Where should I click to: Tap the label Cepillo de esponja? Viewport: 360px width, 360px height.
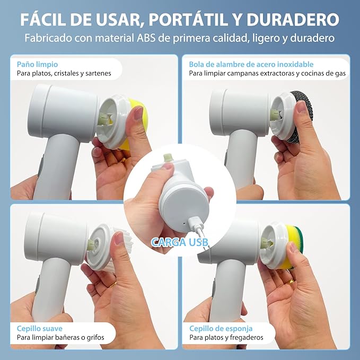point(217,328)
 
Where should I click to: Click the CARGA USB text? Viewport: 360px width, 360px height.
point(180,242)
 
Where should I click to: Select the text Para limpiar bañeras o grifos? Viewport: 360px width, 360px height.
point(60,337)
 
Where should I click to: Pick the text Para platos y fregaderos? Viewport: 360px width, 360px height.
point(226,337)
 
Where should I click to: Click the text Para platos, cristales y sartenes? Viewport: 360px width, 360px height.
point(64,73)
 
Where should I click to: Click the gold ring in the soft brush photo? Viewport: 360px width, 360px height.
point(113,284)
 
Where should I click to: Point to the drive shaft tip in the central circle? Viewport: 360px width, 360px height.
point(168,158)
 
